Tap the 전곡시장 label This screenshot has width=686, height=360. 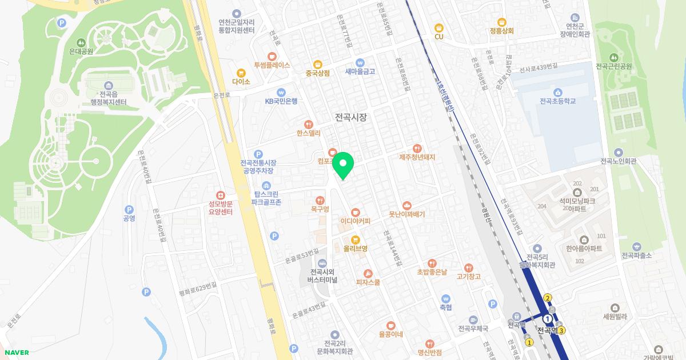[350, 117]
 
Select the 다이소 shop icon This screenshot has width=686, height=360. [241, 73]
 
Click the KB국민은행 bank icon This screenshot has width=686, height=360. [281, 92]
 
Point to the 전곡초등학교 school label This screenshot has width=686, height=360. [557, 101]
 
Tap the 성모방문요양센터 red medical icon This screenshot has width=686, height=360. [220, 195]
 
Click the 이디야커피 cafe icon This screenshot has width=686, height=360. [355, 211]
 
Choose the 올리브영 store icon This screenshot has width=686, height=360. [355, 239]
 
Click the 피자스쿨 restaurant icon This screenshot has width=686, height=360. [368, 273]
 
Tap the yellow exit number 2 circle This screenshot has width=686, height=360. [548, 297]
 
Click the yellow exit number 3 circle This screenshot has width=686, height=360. [562, 330]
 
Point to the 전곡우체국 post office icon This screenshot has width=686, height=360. [473, 320]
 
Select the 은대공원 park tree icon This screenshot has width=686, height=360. [81, 42]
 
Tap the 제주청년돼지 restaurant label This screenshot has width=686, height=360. [417, 157]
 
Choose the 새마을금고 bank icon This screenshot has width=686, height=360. [360, 62]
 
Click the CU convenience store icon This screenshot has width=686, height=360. [438, 27]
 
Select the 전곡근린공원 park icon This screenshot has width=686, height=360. [613, 57]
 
